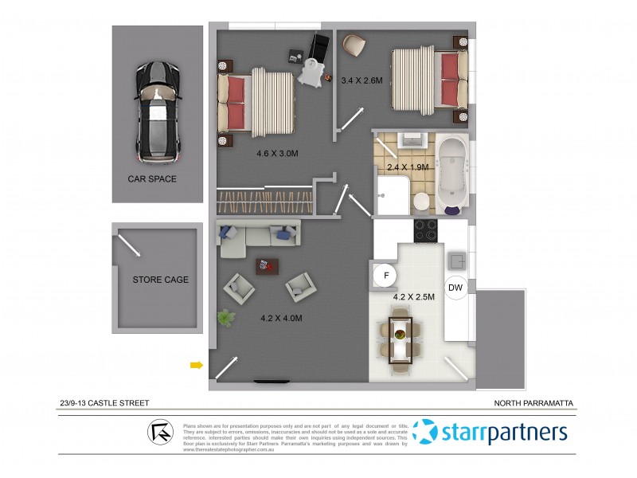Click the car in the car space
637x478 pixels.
coord(158,110)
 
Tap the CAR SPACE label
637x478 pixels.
coord(152,179)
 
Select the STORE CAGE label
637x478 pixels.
coord(160,280)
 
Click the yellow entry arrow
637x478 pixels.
coord(196,366)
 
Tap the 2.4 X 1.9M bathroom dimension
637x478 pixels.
coord(408,167)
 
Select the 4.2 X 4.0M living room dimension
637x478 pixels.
coord(281,318)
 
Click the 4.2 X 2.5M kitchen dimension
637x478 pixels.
coord(414,296)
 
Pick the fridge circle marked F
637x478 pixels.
coord(386,276)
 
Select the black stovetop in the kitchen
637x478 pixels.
coord(425,231)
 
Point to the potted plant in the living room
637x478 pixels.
coord(228,319)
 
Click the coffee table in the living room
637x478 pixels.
coord(263,265)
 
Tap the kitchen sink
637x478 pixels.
coord(457,261)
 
